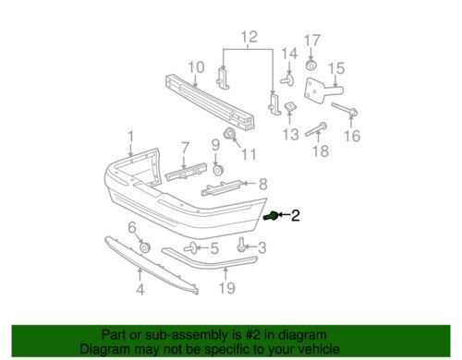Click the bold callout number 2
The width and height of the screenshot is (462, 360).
295,215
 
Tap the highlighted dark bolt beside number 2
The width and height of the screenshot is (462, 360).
271,216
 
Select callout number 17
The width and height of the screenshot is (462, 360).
312,41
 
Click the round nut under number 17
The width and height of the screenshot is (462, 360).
310,66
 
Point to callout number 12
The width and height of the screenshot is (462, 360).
249,37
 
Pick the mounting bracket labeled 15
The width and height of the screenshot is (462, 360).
323,90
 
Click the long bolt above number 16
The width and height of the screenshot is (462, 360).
345,110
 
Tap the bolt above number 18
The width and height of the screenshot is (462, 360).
316,129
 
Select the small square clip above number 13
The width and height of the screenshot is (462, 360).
289,107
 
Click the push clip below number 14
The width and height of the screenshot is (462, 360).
287,79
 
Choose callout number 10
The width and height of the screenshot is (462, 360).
196,67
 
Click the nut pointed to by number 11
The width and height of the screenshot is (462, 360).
229,134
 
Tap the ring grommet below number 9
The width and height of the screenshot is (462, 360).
218,170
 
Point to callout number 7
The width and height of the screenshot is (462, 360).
184,148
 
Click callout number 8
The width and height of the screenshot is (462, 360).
262,184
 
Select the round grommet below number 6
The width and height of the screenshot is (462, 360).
144,247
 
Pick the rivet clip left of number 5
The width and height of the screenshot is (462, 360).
191,247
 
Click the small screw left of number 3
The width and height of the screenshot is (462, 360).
241,246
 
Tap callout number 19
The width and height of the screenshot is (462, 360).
227,288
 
